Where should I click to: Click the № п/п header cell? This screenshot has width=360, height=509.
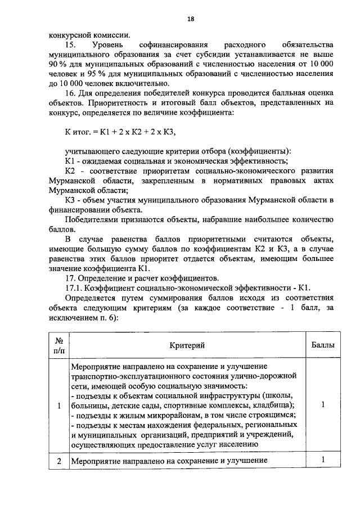click(x=58, y=345)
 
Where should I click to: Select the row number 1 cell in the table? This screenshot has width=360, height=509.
click(x=58, y=405)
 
